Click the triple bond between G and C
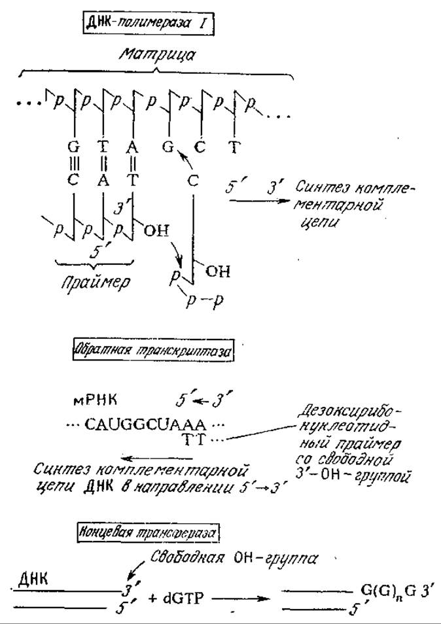(73, 163)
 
